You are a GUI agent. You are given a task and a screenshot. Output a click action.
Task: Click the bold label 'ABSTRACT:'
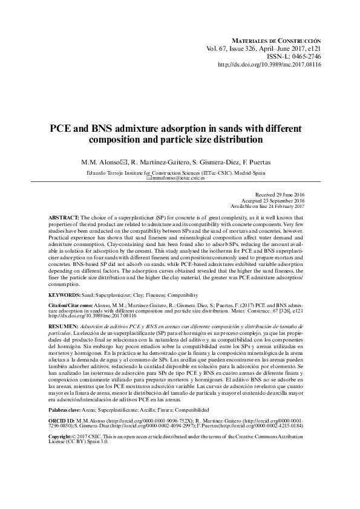64,216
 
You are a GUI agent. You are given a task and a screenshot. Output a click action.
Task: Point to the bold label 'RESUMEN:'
62,325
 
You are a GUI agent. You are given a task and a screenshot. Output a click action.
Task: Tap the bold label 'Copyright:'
63,436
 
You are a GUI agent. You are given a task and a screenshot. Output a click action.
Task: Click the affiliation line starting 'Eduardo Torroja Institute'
179,172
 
